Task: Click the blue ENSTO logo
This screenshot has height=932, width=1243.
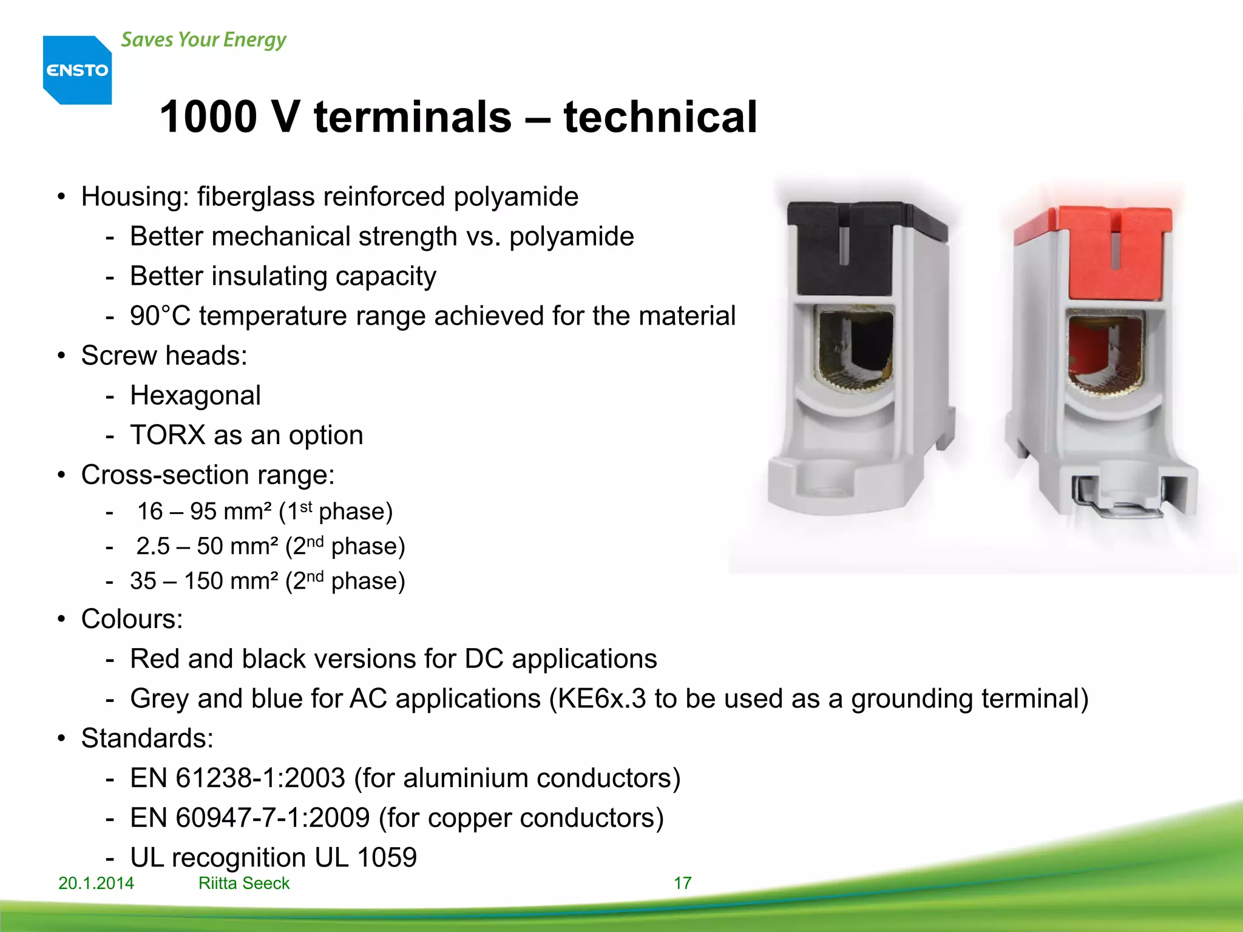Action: pos(77,70)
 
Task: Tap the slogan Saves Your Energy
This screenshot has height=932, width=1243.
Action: pos(203,40)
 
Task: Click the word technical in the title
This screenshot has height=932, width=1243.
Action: pos(660,116)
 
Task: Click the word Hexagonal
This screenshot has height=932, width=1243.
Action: pos(195,396)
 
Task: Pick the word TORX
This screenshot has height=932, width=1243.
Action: pos(168,436)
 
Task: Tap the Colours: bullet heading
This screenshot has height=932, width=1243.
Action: pos(132,620)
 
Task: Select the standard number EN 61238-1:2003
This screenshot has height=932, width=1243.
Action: pos(237,778)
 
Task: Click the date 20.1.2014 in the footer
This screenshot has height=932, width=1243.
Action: pos(96,883)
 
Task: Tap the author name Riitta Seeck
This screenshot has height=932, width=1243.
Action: pos(244,883)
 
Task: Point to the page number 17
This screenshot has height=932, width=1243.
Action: pos(682,883)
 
